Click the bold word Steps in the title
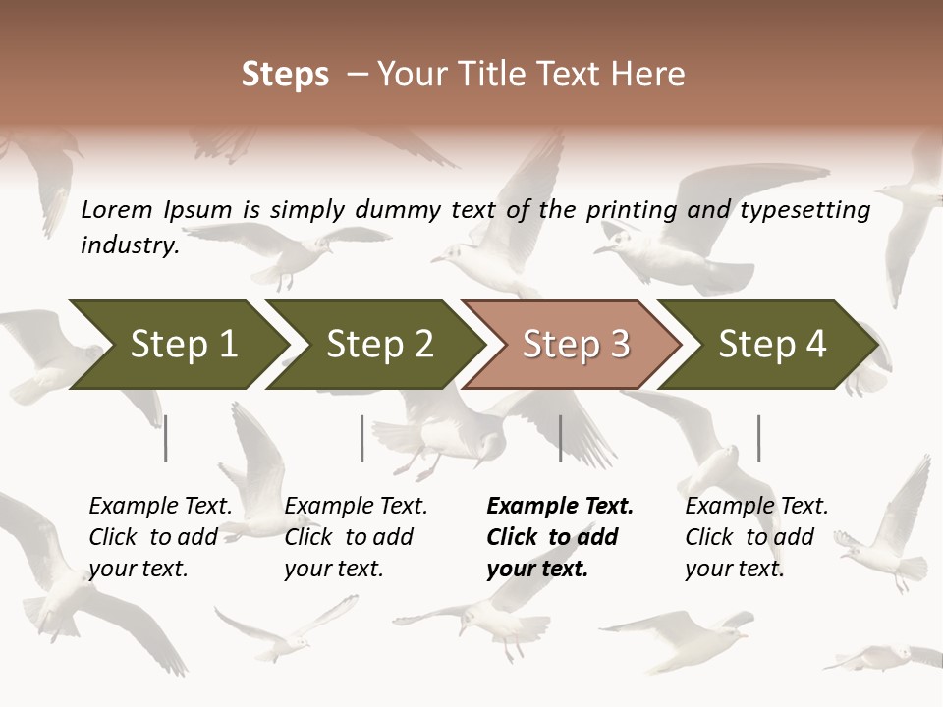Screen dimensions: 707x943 coord(285,75)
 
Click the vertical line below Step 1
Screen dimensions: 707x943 coord(166,438)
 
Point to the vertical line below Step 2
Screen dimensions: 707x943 coord(362,438)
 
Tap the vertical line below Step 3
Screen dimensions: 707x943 coord(561,438)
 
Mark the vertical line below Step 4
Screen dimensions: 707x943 coord(758,438)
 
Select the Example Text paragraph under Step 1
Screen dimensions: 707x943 coord(160,537)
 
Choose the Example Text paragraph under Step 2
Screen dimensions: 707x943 coord(356,537)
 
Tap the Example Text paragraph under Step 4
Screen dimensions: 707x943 coord(756,537)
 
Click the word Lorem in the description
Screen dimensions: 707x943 coord(117,210)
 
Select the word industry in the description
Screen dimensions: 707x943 coord(130,245)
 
